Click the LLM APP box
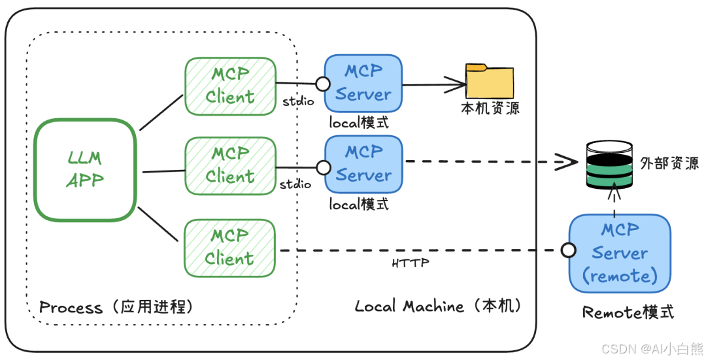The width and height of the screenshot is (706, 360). click(x=85, y=169)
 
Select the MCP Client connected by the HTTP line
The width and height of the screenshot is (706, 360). click(x=229, y=248)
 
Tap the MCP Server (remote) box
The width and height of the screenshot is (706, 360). click(x=619, y=253)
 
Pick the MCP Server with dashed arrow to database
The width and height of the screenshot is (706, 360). click(x=363, y=163)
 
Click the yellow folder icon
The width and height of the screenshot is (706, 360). click(x=488, y=81)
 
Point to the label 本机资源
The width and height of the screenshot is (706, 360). click(x=490, y=108)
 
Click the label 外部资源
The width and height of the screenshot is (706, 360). click(x=669, y=163)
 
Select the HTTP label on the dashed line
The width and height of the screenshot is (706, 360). click(x=411, y=263)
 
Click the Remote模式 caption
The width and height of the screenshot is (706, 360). click(x=628, y=312)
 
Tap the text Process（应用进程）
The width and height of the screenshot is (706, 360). click(x=116, y=307)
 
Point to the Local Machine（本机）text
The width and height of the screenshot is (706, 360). click(x=437, y=306)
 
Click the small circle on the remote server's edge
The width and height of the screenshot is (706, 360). click(x=568, y=250)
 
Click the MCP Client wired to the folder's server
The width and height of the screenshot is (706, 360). click(x=229, y=86)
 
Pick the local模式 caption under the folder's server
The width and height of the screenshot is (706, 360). click(x=359, y=123)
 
